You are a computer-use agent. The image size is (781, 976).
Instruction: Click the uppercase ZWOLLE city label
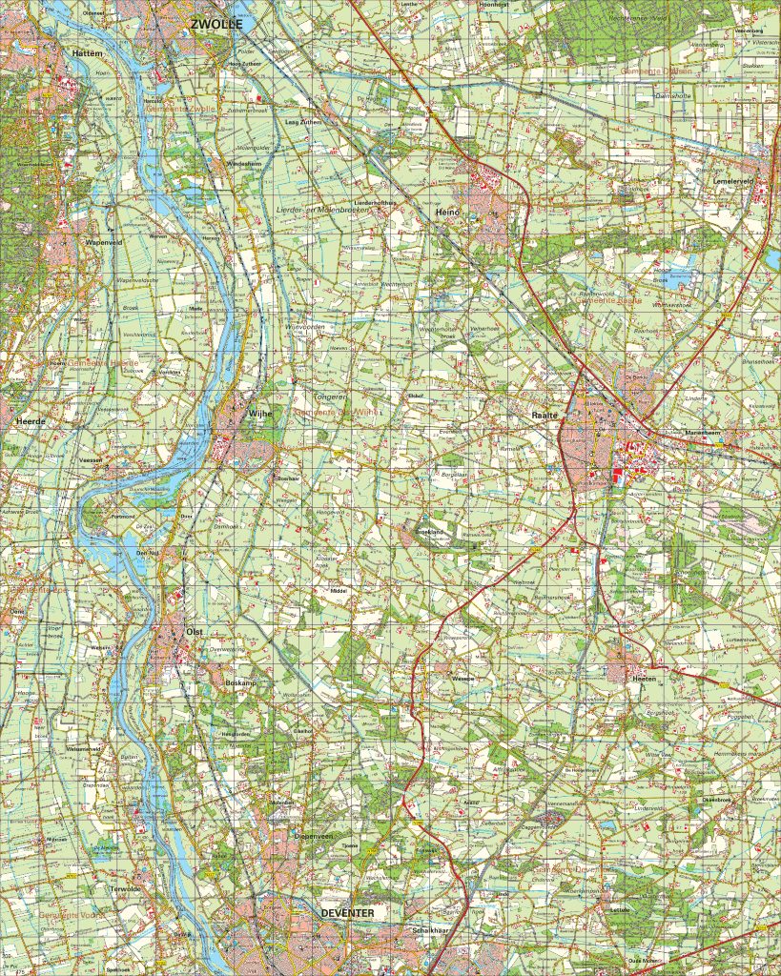[216, 23]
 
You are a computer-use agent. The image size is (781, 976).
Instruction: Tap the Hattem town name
[86, 54]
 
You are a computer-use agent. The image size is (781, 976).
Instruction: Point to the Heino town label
[446, 212]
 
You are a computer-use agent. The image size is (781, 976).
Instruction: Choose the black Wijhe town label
[260, 414]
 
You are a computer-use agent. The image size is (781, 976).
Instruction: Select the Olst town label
[195, 631]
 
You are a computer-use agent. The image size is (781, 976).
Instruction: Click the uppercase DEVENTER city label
[347, 912]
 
